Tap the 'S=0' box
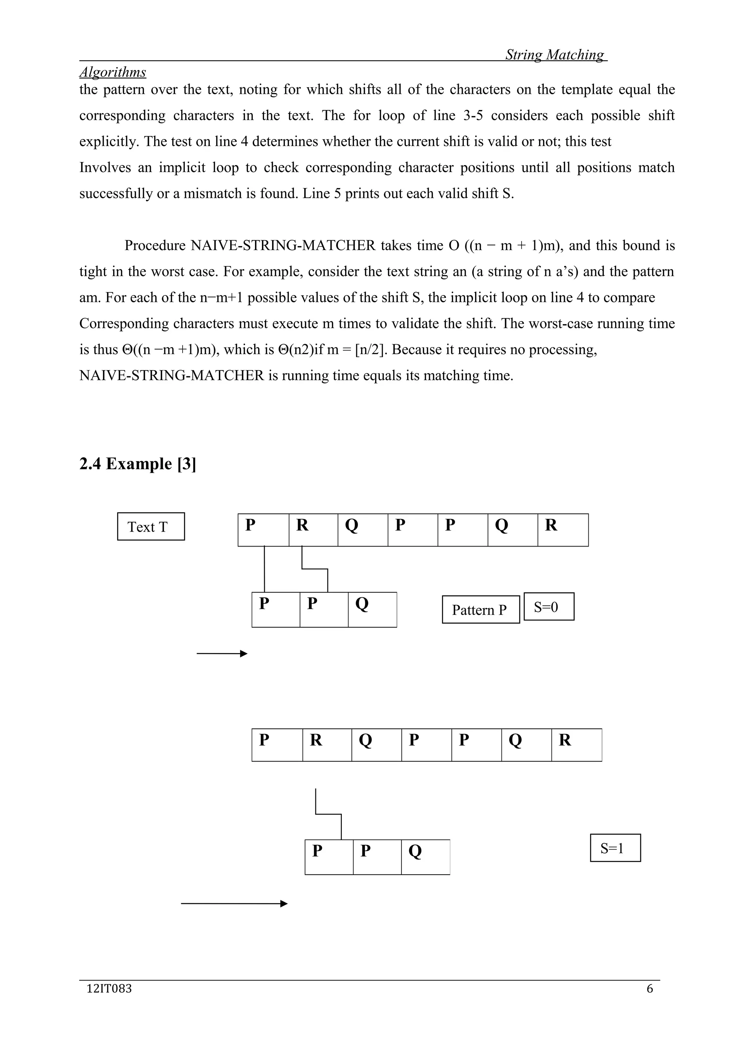[x=549, y=606]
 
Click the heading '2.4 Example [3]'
[x=137, y=464]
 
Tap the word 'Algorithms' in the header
[x=112, y=72]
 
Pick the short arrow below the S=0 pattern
[x=222, y=653]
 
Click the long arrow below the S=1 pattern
[x=234, y=904]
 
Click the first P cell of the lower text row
[x=277, y=745]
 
